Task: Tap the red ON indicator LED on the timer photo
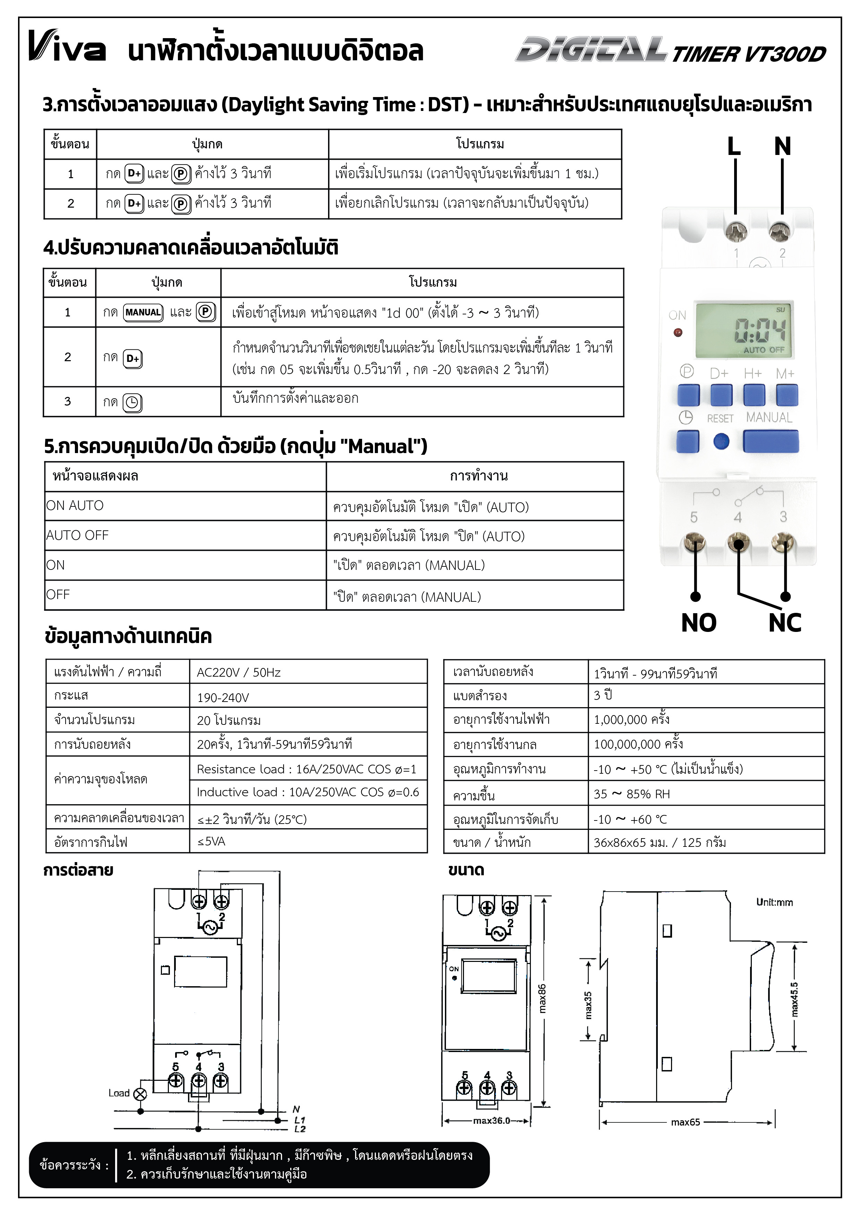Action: (677, 333)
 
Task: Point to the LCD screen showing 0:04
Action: (744, 329)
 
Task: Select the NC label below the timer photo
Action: (785, 623)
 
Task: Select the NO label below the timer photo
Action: (698, 623)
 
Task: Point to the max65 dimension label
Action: (685, 1122)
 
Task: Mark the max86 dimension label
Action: (542, 998)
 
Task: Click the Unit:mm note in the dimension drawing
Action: (774, 902)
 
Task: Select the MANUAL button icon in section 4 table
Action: (143, 312)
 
